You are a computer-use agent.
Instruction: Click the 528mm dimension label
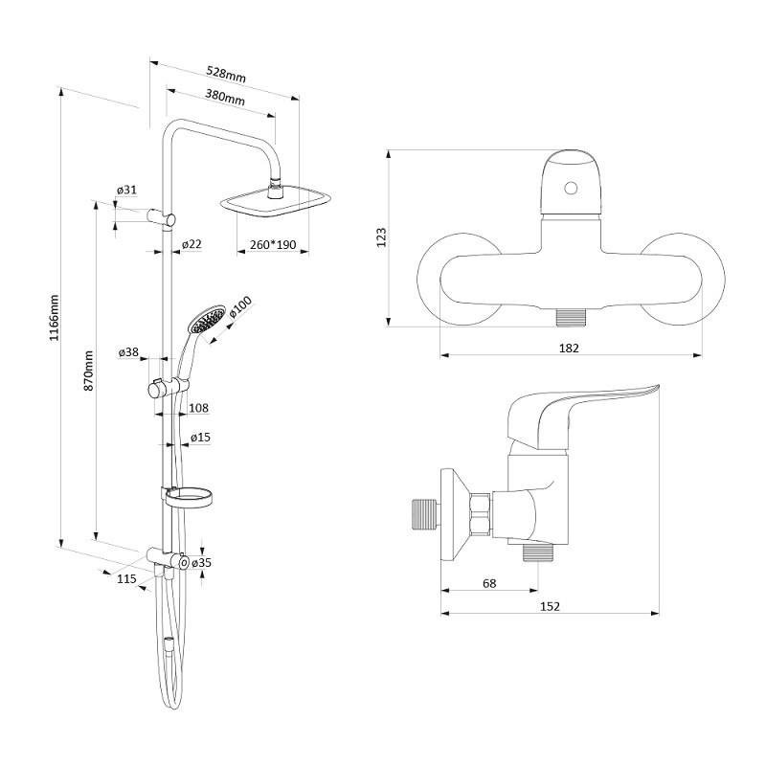pos(226,75)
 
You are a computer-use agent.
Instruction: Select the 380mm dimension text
pos(225,98)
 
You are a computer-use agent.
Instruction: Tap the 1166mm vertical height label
pos(55,318)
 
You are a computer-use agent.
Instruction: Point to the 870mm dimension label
pos(89,371)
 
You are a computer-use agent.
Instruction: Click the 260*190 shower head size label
pos(273,244)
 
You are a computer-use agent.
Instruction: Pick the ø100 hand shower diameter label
pos(240,307)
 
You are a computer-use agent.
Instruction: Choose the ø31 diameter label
pos(126,190)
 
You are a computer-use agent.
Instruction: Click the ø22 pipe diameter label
pos(191,244)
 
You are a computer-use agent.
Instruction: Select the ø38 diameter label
pos(128,351)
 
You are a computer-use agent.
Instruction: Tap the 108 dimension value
pos(198,408)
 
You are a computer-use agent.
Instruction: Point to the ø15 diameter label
pos(200,437)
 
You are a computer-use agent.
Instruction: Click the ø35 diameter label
pos(201,563)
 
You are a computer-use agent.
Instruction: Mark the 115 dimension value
pos(126,579)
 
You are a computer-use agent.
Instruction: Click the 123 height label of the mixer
pos(381,237)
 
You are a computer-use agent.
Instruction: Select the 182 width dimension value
pos(569,348)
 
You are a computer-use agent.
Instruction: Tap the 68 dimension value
pos(489,583)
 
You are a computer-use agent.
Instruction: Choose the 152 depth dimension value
pos(550,606)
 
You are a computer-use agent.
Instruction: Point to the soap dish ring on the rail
pos(189,499)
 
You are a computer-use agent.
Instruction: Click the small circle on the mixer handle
pos(571,188)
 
